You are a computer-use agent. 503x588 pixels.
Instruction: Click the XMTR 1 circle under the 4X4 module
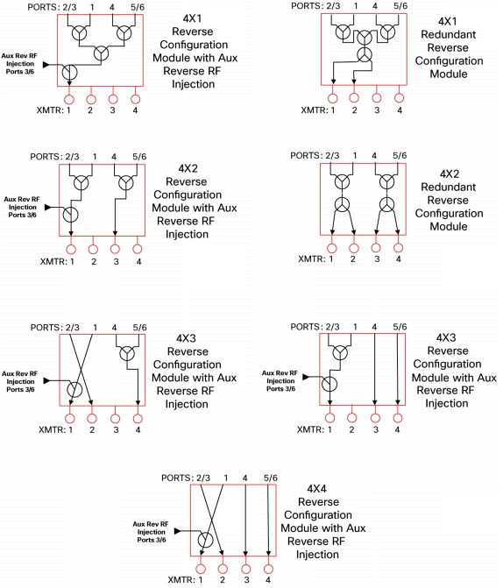(201, 569)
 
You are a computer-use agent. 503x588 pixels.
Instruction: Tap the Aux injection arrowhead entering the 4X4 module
(177, 531)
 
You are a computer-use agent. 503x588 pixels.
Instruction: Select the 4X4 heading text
(316, 489)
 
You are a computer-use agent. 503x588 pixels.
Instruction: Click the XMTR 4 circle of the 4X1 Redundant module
(399, 98)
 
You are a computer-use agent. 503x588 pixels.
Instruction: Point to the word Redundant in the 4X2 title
(449, 187)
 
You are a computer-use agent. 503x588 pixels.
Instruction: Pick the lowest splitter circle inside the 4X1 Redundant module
(365, 54)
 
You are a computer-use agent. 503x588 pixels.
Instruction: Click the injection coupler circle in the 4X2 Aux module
(70, 215)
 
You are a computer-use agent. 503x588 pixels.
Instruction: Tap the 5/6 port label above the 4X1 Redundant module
(400, 5)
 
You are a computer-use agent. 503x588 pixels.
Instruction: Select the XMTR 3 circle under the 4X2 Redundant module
(376, 248)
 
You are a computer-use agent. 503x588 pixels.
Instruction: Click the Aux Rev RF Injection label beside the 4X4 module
(151, 532)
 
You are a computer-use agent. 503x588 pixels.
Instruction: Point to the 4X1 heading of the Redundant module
(448, 21)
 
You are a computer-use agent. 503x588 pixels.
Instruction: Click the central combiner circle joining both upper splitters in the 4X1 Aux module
(101, 53)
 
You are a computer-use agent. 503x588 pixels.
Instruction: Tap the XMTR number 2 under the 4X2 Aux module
(94, 261)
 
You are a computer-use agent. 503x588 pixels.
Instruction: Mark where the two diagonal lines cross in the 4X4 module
(212, 519)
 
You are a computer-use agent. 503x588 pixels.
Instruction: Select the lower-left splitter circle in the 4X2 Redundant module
(342, 205)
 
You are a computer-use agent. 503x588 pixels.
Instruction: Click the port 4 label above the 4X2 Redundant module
(374, 155)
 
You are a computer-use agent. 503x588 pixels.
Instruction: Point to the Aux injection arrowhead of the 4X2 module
(47, 207)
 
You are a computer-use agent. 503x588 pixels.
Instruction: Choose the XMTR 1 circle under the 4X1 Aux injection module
(69, 99)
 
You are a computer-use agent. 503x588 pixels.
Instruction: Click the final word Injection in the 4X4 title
(317, 554)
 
